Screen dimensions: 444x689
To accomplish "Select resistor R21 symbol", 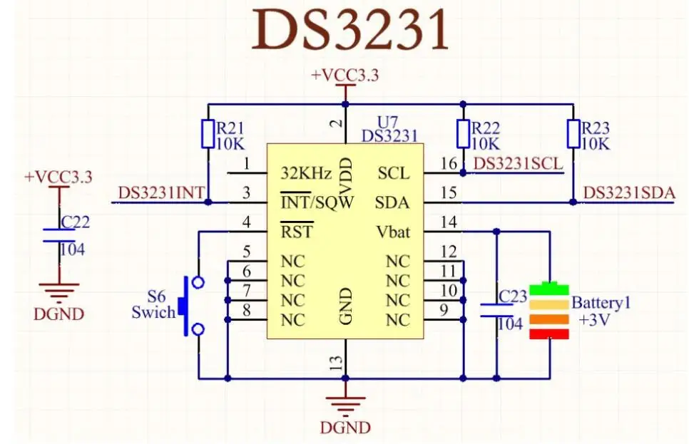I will [x=208, y=133].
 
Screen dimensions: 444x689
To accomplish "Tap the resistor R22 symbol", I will [x=463, y=133].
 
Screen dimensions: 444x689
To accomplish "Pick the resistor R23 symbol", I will [x=573, y=133].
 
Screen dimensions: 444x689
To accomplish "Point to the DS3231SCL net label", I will [x=518, y=163].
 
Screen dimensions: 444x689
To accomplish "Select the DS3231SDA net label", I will [x=629, y=193].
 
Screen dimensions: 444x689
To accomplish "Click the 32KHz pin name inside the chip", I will [x=306, y=173].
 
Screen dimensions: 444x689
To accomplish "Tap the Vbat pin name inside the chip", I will [x=393, y=232].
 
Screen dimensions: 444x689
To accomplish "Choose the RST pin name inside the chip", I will [x=296, y=232].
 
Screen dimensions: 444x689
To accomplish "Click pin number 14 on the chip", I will [x=449, y=222].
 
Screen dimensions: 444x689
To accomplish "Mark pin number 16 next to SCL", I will [x=449, y=164].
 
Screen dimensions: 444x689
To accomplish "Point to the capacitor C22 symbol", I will [x=60, y=234].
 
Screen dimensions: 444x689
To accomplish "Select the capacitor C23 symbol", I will [x=496, y=310].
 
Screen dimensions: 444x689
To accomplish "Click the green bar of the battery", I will [x=550, y=289].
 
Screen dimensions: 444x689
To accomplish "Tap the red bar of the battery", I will [x=550, y=334].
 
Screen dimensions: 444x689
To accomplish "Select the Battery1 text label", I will [x=601, y=302].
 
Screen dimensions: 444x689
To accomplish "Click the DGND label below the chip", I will [x=345, y=428].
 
